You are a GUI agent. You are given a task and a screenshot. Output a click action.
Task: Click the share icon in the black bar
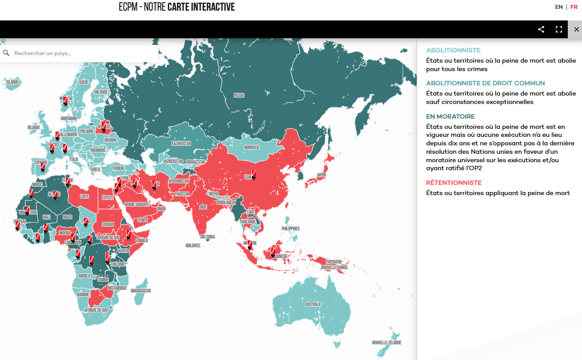[x=541, y=29]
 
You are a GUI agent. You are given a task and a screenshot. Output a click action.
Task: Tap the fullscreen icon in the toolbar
[x=559, y=29]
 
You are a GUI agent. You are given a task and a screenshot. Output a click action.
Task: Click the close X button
[x=577, y=29]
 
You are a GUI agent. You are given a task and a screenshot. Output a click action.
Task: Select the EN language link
[x=559, y=7]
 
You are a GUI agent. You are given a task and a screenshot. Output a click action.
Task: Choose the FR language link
[x=574, y=7]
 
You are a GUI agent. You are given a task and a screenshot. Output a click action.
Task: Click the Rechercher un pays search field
[x=80, y=53]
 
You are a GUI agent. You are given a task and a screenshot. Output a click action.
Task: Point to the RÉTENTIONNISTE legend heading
[x=454, y=183]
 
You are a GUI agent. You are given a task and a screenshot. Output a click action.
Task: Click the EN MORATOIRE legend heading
[x=450, y=116]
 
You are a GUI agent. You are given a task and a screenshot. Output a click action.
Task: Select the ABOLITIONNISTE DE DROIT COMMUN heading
[x=485, y=83]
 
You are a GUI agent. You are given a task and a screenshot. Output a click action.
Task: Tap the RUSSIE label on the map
[x=239, y=96]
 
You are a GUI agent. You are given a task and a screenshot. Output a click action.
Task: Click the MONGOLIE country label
[x=251, y=147]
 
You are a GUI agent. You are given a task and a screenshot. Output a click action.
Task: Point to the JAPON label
[x=321, y=175]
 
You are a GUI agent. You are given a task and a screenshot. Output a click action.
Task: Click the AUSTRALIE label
[x=313, y=304]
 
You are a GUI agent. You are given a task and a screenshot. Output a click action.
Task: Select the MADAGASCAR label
[x=141, y=291]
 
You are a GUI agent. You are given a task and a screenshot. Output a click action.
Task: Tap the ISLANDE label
[x=12, y=82]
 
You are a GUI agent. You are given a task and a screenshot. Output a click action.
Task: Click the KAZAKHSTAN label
[x=181, y=144]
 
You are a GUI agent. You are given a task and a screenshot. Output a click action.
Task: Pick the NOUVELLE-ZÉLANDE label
[x=387, y=343]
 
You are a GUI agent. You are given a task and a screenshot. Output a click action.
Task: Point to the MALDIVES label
[x=193, y=246]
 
